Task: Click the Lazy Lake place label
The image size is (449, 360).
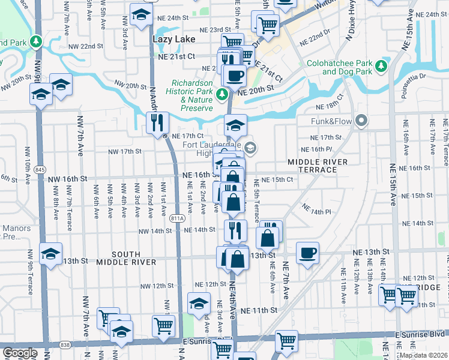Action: (172, 39)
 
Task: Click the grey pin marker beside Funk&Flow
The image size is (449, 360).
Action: (361, 121)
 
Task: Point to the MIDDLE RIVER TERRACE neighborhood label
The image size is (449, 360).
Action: (312, 166)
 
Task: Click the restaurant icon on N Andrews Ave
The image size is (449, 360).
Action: (158, 122)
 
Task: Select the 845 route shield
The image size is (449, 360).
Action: (40, 170)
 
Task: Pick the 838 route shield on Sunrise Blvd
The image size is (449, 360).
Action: (65, 346)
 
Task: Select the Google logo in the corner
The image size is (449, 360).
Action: (19, 352)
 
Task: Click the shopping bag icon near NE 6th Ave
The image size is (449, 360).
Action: (268, 238)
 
